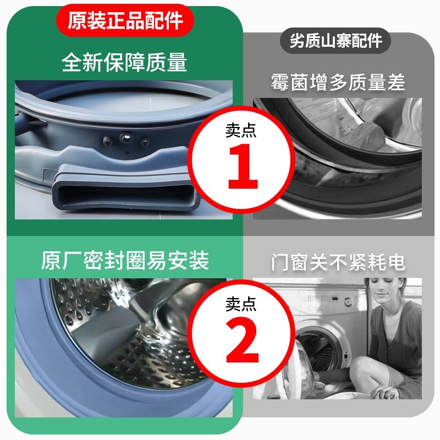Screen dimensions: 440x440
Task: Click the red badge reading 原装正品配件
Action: tap(125, 21)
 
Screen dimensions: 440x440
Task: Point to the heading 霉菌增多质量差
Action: tap(337, 82)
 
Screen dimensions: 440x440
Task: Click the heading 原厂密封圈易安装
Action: tap(125, 260)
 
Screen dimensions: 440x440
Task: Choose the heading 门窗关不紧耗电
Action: tap(337, 262)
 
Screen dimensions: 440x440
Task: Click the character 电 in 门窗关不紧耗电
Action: tap(395, 262)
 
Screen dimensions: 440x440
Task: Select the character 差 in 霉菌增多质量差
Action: tap(395, 82)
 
